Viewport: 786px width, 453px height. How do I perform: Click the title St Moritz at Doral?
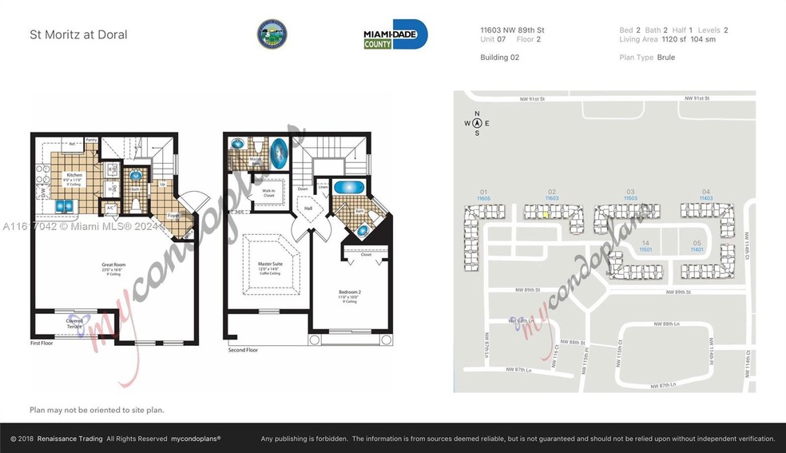pyautogui.click(x=78, y=34)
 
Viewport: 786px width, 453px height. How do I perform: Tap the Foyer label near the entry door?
pyautogui.click(x=173, y=216)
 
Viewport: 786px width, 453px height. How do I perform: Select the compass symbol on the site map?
pyautogui.click(x=477, y=123)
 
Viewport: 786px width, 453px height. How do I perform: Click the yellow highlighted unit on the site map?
pyautogui.click(x=545, y=213)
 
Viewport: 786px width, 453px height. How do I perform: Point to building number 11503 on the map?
pyautogui.click(x=630, y=197)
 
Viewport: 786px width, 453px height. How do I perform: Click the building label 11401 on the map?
pyautogui.click(x=697, y=249)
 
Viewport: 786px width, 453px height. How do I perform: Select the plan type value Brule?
pyautogui.click(x=666, y=58)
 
